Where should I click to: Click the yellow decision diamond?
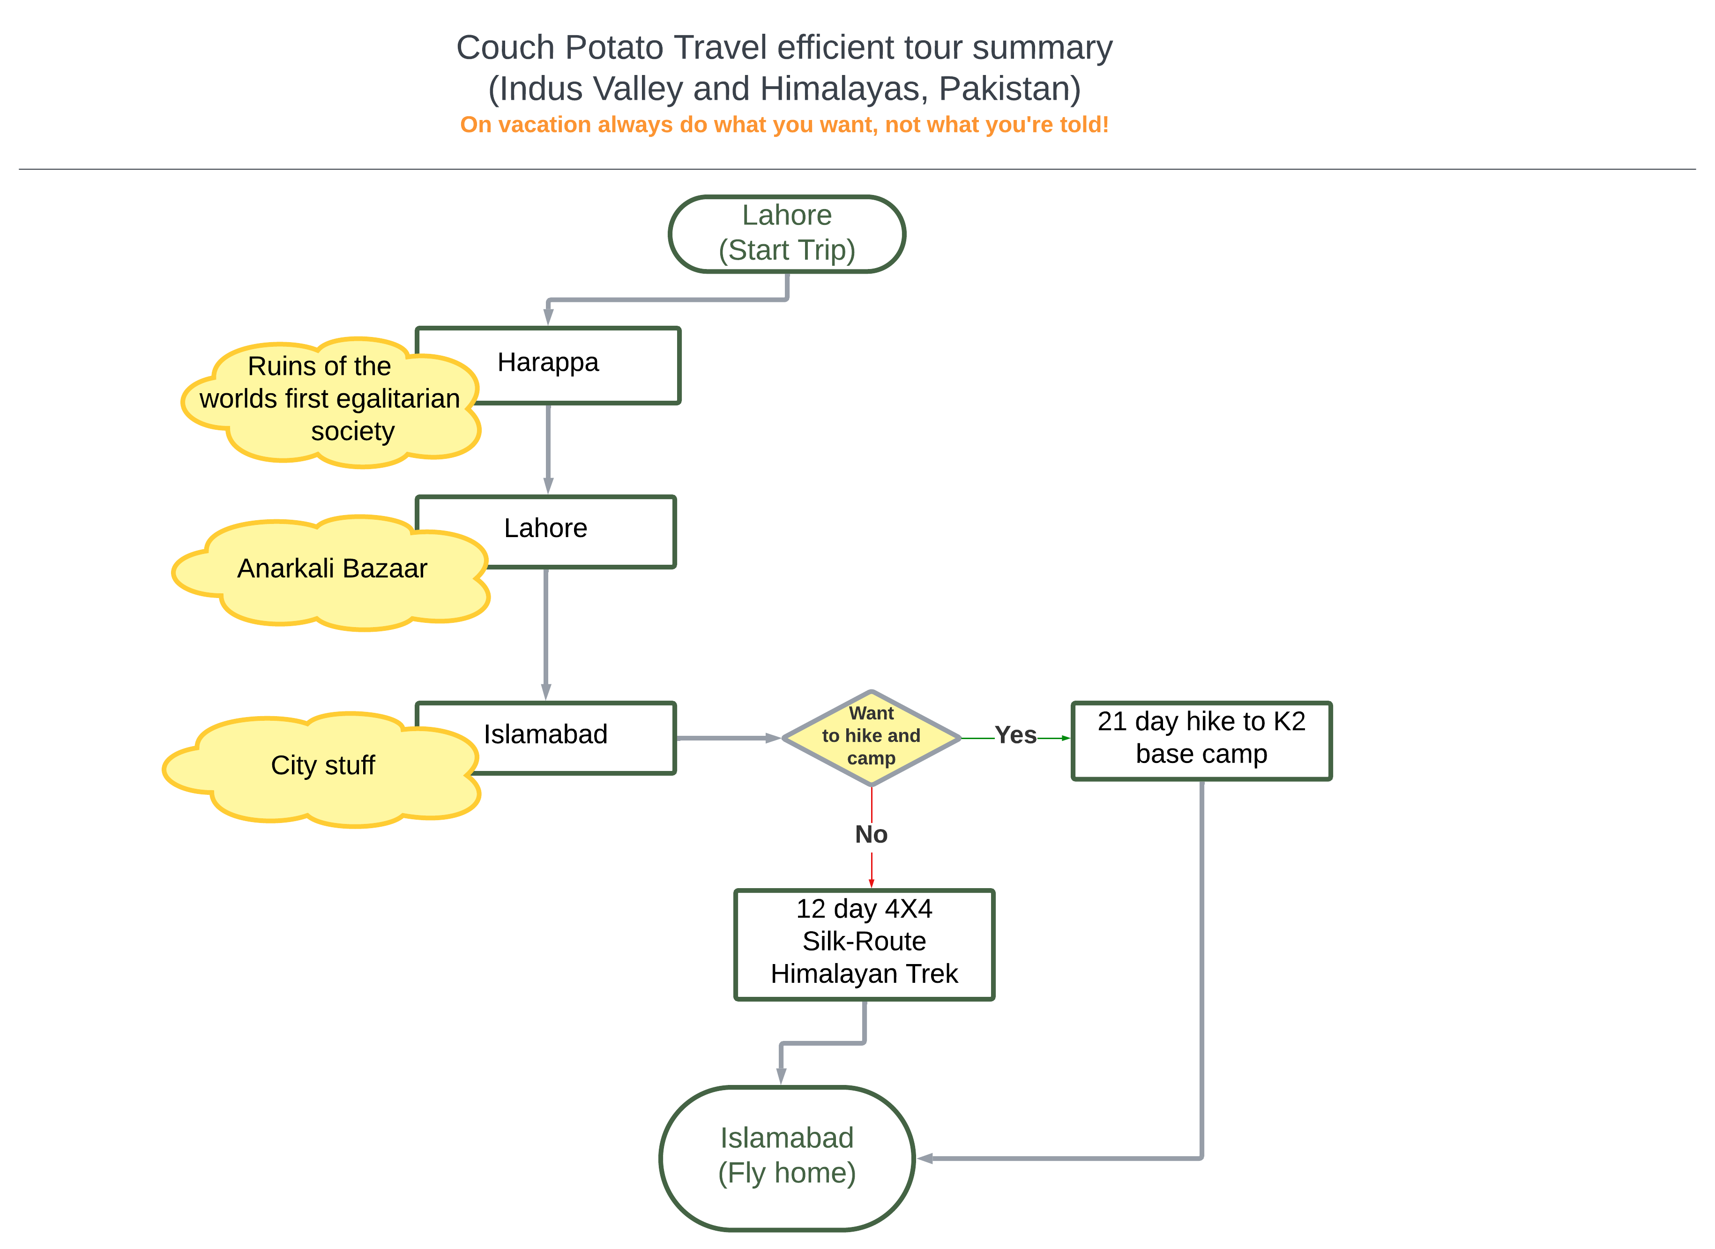(x=871, y=738)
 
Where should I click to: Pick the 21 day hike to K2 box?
(x=1201, y=740)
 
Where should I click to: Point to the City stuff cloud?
(x=322, y=770)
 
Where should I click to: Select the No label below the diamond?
(x=871, y=834)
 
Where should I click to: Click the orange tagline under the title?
(x=784, y=124)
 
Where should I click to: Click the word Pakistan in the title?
(x=1009, y=89)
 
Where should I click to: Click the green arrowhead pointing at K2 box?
(x=1066, y=738)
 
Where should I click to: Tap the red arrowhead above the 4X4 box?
(x=871, y=883)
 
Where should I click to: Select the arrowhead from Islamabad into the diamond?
(x=773, y=738)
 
